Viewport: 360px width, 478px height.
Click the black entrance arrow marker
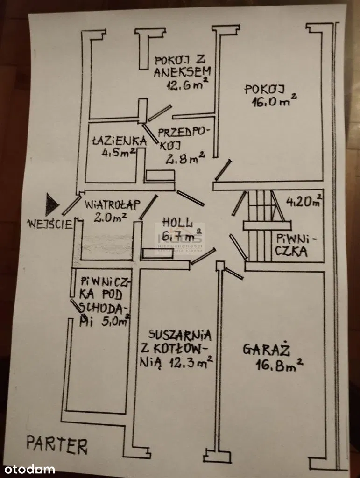(x=52, y=203)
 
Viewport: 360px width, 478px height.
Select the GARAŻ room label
(x=267, y=350)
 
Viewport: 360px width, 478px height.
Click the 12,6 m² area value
(x=187, y=84)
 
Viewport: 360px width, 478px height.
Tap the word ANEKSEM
(x=183, y=72)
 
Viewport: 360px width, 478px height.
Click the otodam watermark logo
(x=28, y=469)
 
